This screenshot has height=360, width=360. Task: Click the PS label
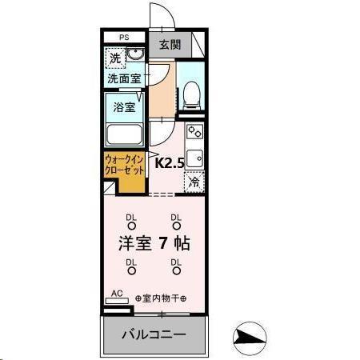tap(124, 37)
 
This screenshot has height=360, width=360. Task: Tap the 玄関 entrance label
tap(169, 44)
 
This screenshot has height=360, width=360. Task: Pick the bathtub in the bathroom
tap(124, 136)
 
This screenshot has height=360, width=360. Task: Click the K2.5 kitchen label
tap(169, 163)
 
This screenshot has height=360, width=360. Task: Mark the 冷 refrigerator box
tap(194, 182)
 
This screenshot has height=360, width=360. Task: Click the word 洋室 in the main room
tap(135, 241)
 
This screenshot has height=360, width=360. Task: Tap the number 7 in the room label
tap(162, 241)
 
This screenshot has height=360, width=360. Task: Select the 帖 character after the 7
tap(183, 241)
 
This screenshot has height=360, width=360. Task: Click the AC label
tap(116, 293)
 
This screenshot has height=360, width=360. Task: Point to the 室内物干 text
tap(161, 298)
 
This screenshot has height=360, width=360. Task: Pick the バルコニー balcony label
tap(154, 334)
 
